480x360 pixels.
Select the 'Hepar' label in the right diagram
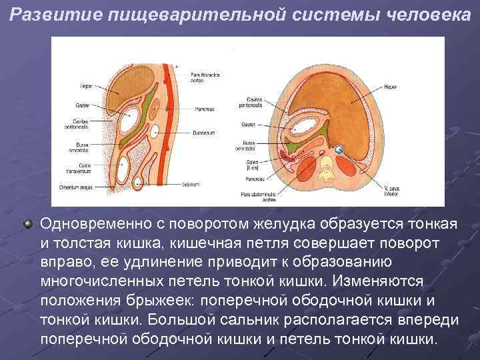(391, 87)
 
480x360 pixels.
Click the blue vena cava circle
(339, 149)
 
